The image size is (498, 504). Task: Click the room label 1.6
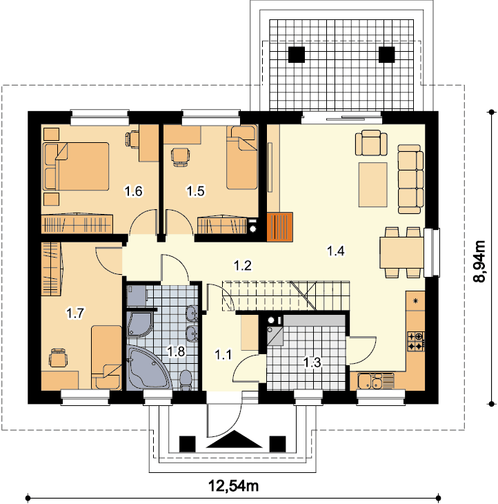click(133, 191)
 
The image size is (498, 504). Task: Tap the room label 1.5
click(195, 191)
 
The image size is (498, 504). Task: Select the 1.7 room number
click(75, 313)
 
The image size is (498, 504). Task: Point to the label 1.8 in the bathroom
click(177, 351)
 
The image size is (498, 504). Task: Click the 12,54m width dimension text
click(233, 485)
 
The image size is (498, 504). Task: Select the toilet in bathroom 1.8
click(186, 380)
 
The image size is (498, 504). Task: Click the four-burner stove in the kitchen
click(416, 341)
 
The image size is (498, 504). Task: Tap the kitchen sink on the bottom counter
click(376, 381)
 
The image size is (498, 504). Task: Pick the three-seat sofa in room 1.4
click(410, 179)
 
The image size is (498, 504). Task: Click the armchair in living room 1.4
click(371, 143)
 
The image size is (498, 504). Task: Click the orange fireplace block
click(279, 226)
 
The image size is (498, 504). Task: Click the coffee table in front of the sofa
click(373, 184)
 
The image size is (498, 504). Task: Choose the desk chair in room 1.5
click(180, 157)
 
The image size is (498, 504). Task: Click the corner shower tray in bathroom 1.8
click(140, 324)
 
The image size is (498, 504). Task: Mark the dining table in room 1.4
click(401, 252)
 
